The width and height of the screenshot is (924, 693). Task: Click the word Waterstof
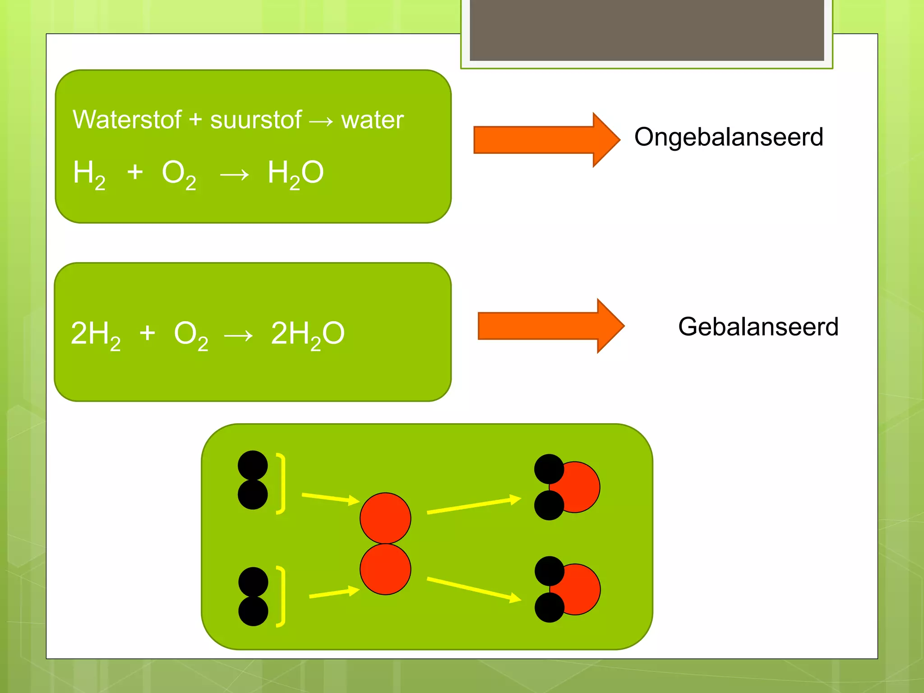tap(127, 120)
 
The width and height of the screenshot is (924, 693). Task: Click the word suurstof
tap(255, 120)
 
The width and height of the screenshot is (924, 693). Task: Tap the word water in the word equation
tap(372, 120)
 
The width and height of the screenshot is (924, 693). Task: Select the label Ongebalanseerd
tap(729, 137)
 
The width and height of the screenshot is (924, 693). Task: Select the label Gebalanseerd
tap(758, 327)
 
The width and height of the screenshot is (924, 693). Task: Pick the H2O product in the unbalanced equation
tap(296, 173)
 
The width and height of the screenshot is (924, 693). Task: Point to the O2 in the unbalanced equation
tap(179, 173)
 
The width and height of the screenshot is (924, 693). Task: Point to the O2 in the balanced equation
tap(191, 334)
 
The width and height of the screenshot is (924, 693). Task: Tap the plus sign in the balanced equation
tap(147, 333)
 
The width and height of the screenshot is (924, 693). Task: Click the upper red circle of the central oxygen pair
tap(385, 517)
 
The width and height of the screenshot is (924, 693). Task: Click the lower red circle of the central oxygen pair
tap(385, 569)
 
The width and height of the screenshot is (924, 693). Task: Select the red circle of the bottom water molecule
tap(582, 589)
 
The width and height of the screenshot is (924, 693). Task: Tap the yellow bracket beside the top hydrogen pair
tap(282, 484)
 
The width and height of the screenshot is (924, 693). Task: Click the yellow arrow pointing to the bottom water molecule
tap(474, 589)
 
